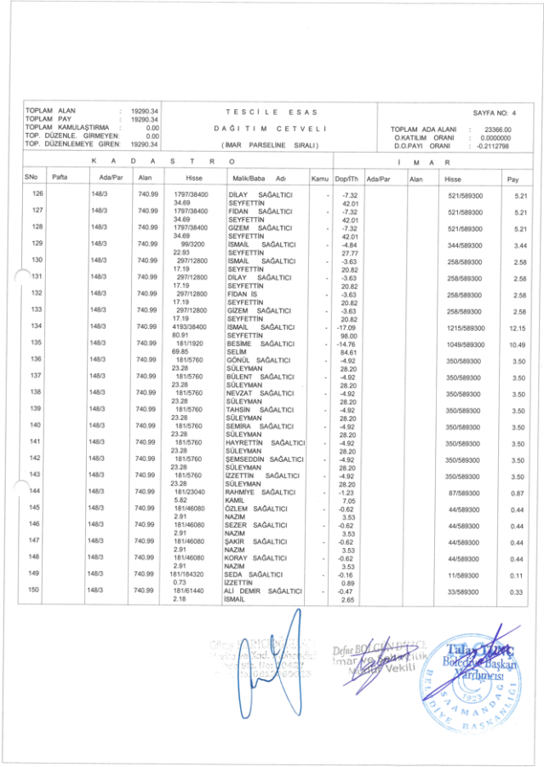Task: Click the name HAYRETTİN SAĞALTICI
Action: click(266, 441)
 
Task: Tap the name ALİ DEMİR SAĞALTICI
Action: click(265, 590)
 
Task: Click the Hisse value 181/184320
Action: click(191, 574)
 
